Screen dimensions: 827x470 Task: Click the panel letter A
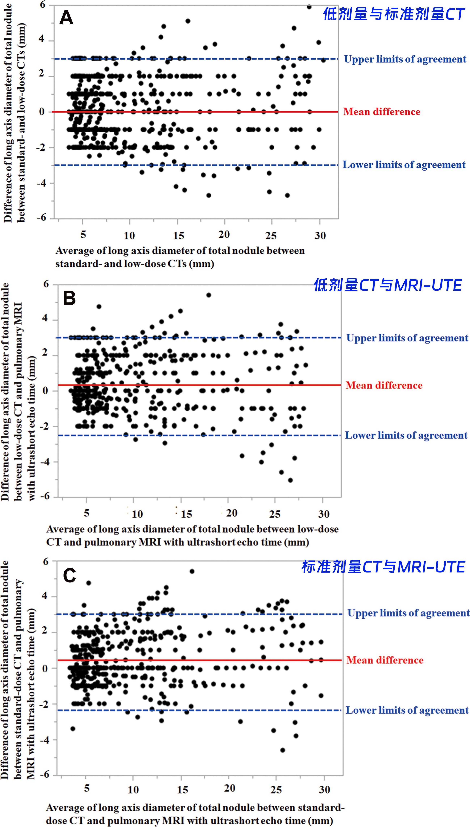tap(66, 18)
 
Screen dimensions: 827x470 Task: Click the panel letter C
tap(69, 575)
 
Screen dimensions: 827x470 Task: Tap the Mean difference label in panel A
tap(382, 112)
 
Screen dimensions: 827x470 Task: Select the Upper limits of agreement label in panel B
tap(407, 338)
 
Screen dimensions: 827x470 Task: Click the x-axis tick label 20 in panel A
tap(224, 235)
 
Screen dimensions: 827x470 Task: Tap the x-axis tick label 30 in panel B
tap(324, 514)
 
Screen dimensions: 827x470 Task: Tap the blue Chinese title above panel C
tap(383, 567)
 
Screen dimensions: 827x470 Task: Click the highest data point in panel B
tap(209, 295)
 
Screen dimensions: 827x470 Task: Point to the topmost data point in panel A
tap(309, 7)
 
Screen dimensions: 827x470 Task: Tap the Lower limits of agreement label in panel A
tap(404, 165)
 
